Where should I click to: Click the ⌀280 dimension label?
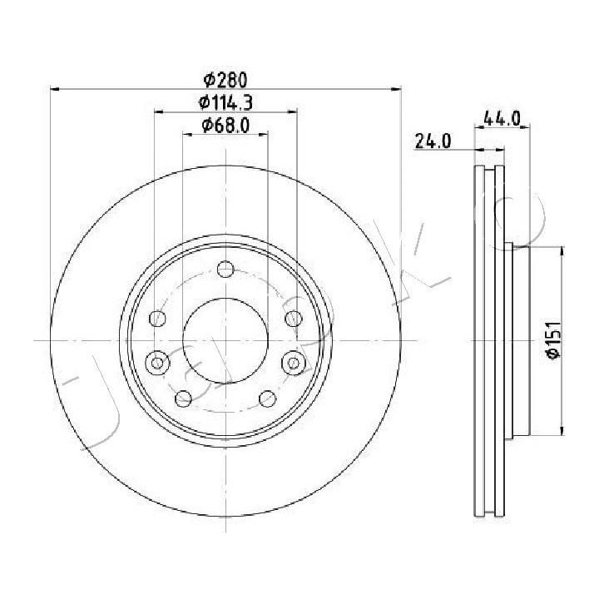coord(225,80)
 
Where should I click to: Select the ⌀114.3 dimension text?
coord(225,102)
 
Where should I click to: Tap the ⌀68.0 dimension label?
coord(225,125)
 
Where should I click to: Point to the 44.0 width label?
coord(502,118)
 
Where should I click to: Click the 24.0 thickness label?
coord(433,141)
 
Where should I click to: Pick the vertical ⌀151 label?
coord(553,340)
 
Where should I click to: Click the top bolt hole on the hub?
coord(225,269)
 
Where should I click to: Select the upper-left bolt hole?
coord(157,318)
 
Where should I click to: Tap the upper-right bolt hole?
coord(294,318)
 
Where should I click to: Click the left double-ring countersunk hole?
coord(157,362)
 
